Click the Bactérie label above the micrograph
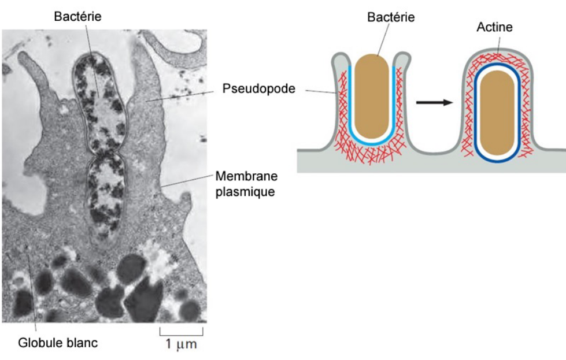(x=77, y=17)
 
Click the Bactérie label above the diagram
(x=391, y=17)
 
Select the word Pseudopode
(x=259, y=89)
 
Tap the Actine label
(x=494, y=27)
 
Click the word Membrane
(x=246, y=176)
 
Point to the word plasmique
(x=245, y=191)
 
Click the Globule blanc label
(x=58, y=343)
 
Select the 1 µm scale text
(x=181, y=344)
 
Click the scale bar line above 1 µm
(x=182, y=335)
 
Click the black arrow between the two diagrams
(x=435, y=103)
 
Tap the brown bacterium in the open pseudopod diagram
(x=371, y=97)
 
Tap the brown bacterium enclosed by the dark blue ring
(x=497, y=113)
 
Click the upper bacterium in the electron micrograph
(x=99, y=103)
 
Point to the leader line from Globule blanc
(x=32, y=292)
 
